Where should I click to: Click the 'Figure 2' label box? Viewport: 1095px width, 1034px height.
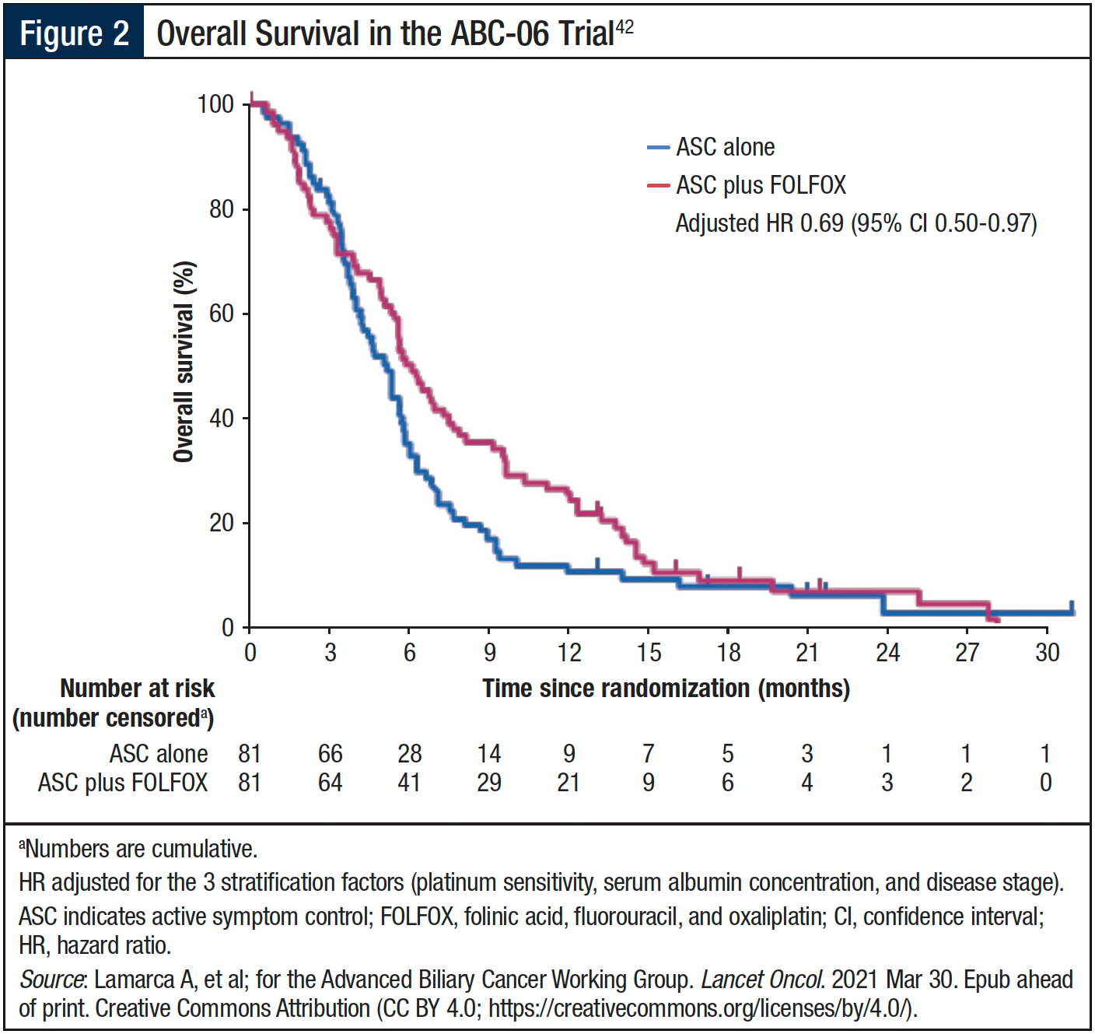[74, 33]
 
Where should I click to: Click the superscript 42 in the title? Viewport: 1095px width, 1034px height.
[624, 28]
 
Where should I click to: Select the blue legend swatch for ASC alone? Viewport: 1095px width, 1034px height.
[658, 147]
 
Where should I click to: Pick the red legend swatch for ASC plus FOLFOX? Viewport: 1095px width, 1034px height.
[658, 185]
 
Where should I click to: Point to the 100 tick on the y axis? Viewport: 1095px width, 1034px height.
[215, 104]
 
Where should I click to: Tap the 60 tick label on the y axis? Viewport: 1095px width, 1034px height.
[222, 314]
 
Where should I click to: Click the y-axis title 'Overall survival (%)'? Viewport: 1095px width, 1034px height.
[184, 362]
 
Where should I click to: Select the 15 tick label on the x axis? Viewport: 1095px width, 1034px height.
[649, 652]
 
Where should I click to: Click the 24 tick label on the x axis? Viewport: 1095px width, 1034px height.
[887, 652]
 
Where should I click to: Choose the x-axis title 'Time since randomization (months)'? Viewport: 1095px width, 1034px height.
[666, 689]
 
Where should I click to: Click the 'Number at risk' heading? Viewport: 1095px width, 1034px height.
[137, 689]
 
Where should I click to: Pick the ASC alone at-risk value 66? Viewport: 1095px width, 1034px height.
[331, 753]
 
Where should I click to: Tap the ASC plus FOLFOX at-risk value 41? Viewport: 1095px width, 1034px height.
[409, 782]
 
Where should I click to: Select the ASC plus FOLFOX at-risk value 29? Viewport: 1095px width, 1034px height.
[488, 782]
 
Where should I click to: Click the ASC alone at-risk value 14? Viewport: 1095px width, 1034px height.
[488, 753]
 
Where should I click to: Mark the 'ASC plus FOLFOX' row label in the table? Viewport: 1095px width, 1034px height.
[123, 782]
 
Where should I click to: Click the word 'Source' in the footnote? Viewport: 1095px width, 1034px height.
[51, 979]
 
